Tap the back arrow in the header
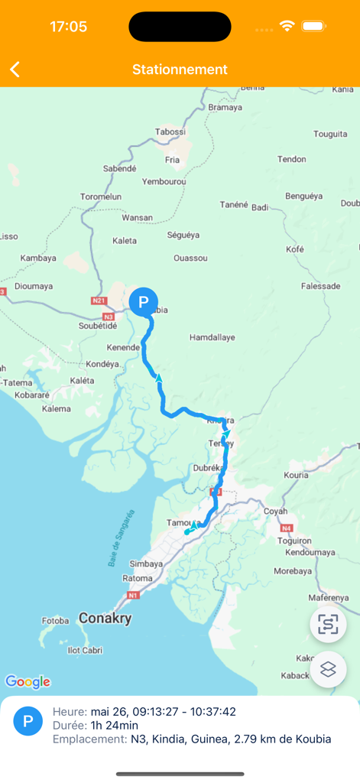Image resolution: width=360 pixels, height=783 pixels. click(15, 70)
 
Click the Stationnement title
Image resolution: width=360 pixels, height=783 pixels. click(180, 70)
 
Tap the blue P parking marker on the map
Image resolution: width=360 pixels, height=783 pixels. click(143, 302)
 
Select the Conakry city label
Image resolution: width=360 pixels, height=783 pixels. click(105, 619)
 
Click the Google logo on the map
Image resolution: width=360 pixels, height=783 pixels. click(28, 681)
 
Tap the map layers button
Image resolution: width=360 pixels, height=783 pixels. click(328, 669)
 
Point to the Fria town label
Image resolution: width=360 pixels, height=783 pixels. click(172, 160)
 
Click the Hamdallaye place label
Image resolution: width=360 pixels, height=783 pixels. click(212, 337)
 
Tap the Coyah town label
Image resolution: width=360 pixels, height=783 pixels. click(275, 511)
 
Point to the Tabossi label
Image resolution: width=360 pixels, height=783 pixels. click(170, 132)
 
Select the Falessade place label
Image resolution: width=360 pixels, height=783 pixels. click(321, 286)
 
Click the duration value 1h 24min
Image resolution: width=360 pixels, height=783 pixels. click(115, 725)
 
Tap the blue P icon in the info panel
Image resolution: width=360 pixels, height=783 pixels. click(28, 721)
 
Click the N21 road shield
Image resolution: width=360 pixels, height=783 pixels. click(99, 301)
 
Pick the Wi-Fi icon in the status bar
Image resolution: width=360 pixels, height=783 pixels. click(287, 26)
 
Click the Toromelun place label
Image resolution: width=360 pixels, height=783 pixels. click(101, 197)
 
